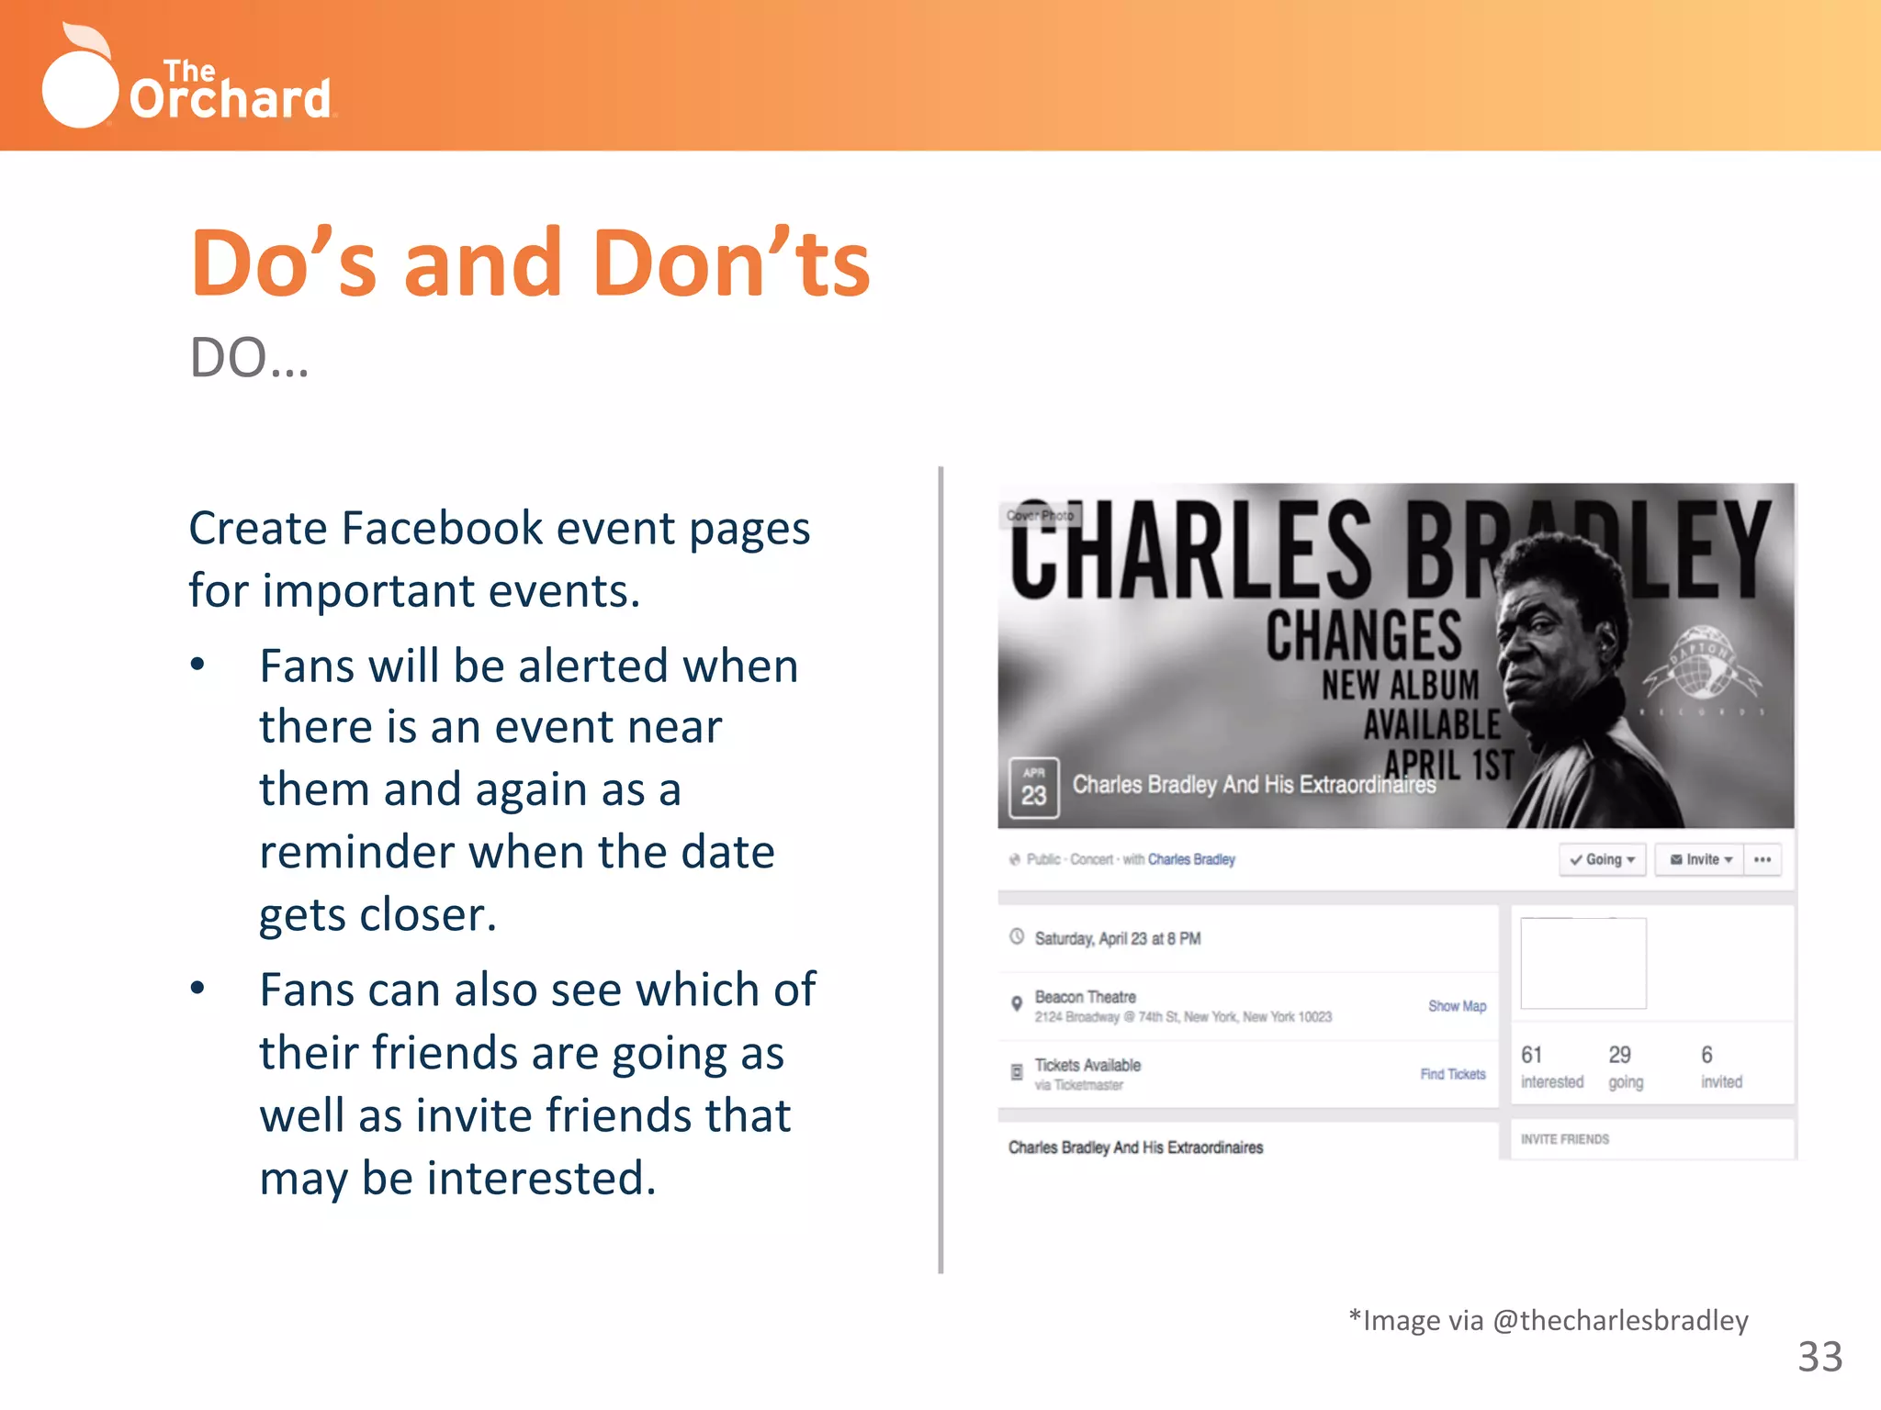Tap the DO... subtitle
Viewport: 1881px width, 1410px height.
249,358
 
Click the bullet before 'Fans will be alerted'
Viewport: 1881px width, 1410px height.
197,665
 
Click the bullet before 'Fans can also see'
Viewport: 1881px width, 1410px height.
197,989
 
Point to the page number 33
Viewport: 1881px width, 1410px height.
1819,1357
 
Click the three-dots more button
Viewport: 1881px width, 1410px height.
1762,860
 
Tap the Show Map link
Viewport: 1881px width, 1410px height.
1457,1006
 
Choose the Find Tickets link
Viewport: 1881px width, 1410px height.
1452,1074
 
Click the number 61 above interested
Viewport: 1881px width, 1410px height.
1531,1055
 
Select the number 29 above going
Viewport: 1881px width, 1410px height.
1619,1055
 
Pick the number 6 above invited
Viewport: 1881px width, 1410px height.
1706,1055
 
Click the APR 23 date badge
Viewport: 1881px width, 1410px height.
1033,788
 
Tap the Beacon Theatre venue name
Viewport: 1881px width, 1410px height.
1085,997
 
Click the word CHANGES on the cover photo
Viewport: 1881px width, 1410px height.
1364,635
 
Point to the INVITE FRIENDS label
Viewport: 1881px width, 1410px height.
1564,1139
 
